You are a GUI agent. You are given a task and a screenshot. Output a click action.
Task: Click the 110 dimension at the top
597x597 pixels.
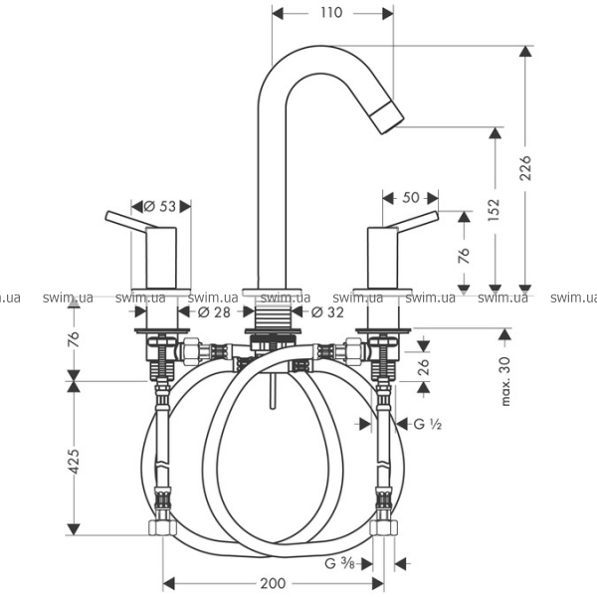332,13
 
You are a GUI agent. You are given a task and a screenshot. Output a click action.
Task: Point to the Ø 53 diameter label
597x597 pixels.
160,206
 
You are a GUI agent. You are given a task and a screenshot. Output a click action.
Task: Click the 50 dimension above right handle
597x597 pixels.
410,199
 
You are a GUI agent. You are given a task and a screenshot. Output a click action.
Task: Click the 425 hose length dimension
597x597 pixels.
74,461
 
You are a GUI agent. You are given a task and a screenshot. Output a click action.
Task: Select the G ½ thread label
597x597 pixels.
427,424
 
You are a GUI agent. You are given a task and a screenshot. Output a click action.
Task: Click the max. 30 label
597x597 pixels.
506,379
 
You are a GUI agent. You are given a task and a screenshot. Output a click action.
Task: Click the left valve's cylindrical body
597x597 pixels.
161,257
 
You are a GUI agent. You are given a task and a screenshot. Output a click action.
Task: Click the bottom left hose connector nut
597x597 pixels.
162,527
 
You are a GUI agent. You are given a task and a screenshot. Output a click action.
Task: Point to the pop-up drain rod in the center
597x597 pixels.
270,395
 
